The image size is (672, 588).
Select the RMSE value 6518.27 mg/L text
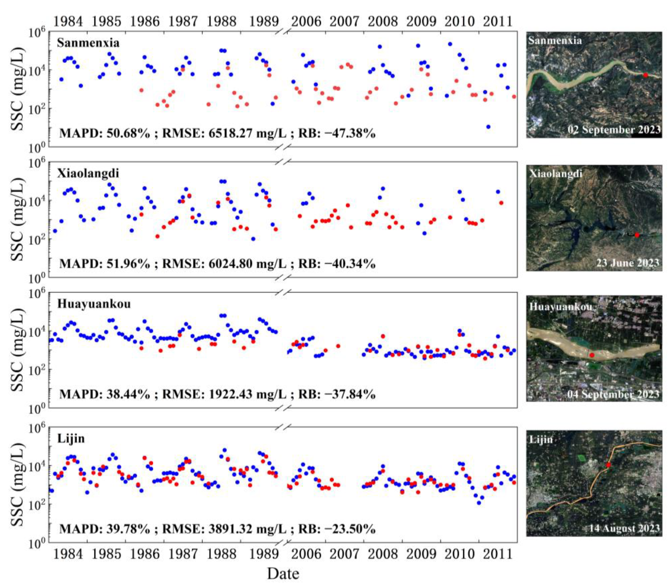224,133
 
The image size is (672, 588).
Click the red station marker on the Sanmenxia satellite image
645,75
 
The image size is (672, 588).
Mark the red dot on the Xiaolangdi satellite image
637,235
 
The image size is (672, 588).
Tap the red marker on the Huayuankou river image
592,355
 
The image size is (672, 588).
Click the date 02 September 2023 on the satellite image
614,130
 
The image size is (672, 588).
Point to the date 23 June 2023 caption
627,263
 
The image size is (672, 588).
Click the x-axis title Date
283,574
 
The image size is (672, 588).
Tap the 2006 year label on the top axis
306,22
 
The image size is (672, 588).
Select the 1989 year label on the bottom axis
264,554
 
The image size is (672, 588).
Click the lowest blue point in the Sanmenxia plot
488,127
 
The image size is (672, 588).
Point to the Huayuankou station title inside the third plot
94,304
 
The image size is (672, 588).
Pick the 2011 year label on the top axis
498,22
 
